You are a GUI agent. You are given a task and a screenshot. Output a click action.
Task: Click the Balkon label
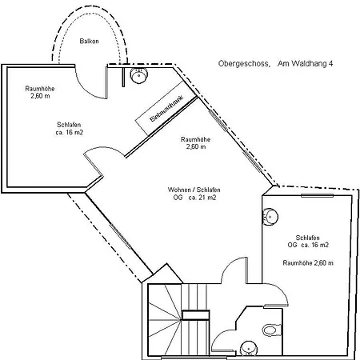89,41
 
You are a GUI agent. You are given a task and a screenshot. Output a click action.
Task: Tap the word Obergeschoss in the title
244,64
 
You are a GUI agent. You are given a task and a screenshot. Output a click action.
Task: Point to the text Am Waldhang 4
305,63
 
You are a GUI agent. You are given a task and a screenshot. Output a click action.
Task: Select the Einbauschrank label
167,109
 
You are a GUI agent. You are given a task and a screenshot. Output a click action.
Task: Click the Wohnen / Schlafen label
194,190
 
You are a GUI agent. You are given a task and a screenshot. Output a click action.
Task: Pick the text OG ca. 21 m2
194,198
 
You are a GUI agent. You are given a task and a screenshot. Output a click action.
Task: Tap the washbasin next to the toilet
249,349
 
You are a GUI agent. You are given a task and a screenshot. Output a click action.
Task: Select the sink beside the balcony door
138,75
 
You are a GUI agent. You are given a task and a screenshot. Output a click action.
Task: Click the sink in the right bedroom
270,216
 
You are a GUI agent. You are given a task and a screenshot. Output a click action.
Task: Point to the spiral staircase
165,320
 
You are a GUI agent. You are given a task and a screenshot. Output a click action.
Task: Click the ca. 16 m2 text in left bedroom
70,132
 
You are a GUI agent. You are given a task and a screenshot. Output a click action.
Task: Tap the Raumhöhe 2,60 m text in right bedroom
308,263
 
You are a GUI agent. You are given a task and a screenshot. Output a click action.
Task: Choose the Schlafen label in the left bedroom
69,125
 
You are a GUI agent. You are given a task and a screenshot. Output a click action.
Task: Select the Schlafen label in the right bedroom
308,238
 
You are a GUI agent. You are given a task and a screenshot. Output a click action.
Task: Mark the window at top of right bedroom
317,196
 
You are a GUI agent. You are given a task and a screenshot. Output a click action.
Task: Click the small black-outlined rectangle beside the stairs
196,315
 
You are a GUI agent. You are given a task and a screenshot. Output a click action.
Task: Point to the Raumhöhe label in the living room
195,139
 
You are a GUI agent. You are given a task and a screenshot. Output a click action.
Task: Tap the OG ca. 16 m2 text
308,245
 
